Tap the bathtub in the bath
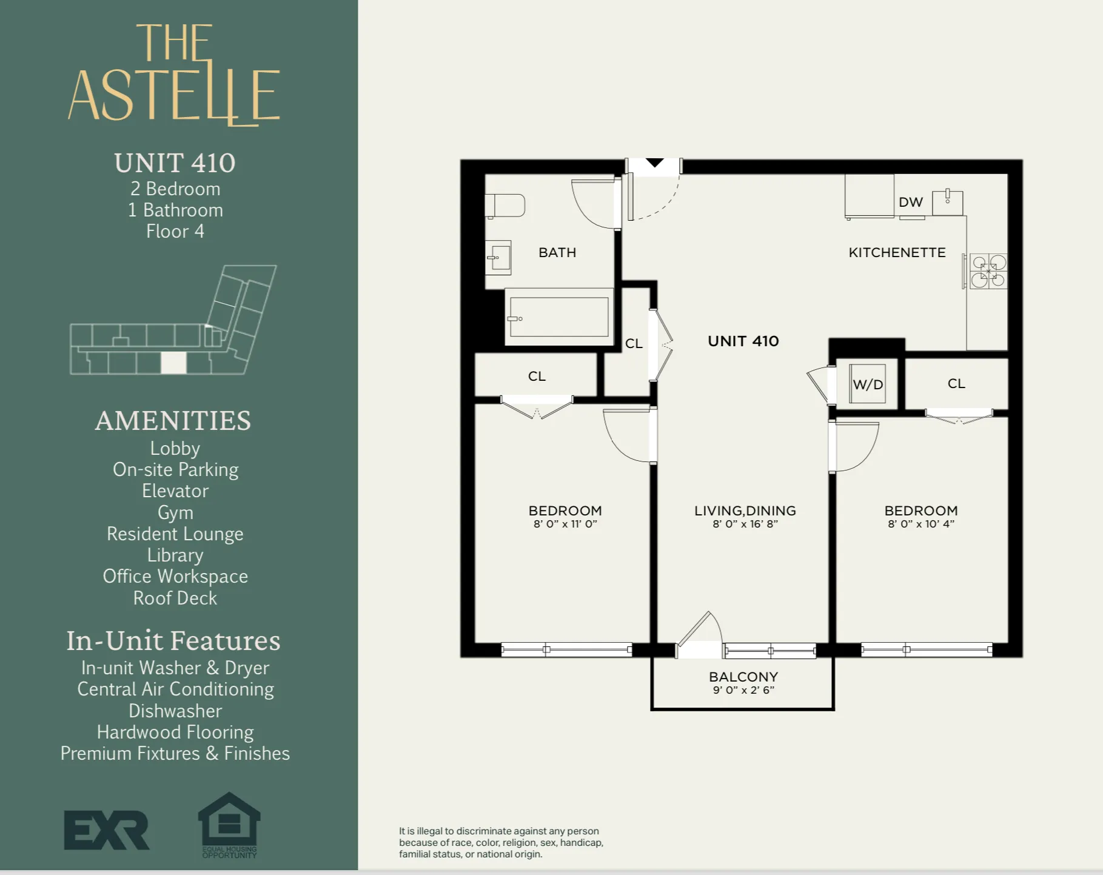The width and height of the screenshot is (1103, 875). pos(558,317)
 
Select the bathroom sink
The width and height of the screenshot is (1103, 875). pos(499,258)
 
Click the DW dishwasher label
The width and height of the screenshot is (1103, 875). pos(910,202)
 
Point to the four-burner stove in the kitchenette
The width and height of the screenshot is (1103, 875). pos(988,271)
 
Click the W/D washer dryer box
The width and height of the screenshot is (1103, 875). pos(867,384)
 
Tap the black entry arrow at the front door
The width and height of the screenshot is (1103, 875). pos(654,163)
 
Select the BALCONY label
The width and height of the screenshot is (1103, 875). pos(743,677)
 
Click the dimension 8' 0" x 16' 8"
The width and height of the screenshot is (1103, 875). pos(745,524)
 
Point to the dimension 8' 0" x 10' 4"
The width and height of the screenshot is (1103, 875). pos(920,524)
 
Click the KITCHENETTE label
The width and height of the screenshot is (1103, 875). pos(896,252)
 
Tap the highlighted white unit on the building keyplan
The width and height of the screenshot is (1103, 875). pos(173,363)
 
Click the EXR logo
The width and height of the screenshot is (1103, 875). pos(107,830)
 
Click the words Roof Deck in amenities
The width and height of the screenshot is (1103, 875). pos(175,598)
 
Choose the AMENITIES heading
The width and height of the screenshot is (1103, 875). pos(173,421)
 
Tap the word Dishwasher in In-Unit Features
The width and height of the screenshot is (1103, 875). pos(175,711)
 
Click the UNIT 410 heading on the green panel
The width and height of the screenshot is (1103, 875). pos(175,163)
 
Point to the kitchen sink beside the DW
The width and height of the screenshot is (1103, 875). pos(947,202)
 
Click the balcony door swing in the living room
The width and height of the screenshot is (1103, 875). pos(701,634)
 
